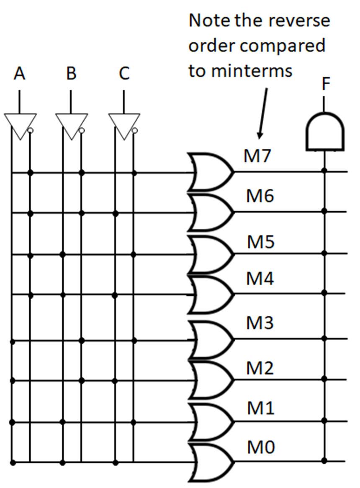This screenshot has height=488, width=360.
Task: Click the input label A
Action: [x=19, y=74]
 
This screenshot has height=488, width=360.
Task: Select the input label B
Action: [x=71, y=74]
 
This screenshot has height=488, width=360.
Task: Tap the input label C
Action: [x=124, y=74]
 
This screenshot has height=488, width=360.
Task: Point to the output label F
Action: [x=326, y=84]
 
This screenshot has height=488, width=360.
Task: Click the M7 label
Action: [x=257, y=156]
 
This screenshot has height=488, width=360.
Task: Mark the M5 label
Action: [x=260, y=242]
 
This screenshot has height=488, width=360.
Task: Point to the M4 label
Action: [x=260, y=279]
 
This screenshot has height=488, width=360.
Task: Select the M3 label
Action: [x=260, y=323]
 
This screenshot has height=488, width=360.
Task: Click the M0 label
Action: [x=260, y=447]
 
